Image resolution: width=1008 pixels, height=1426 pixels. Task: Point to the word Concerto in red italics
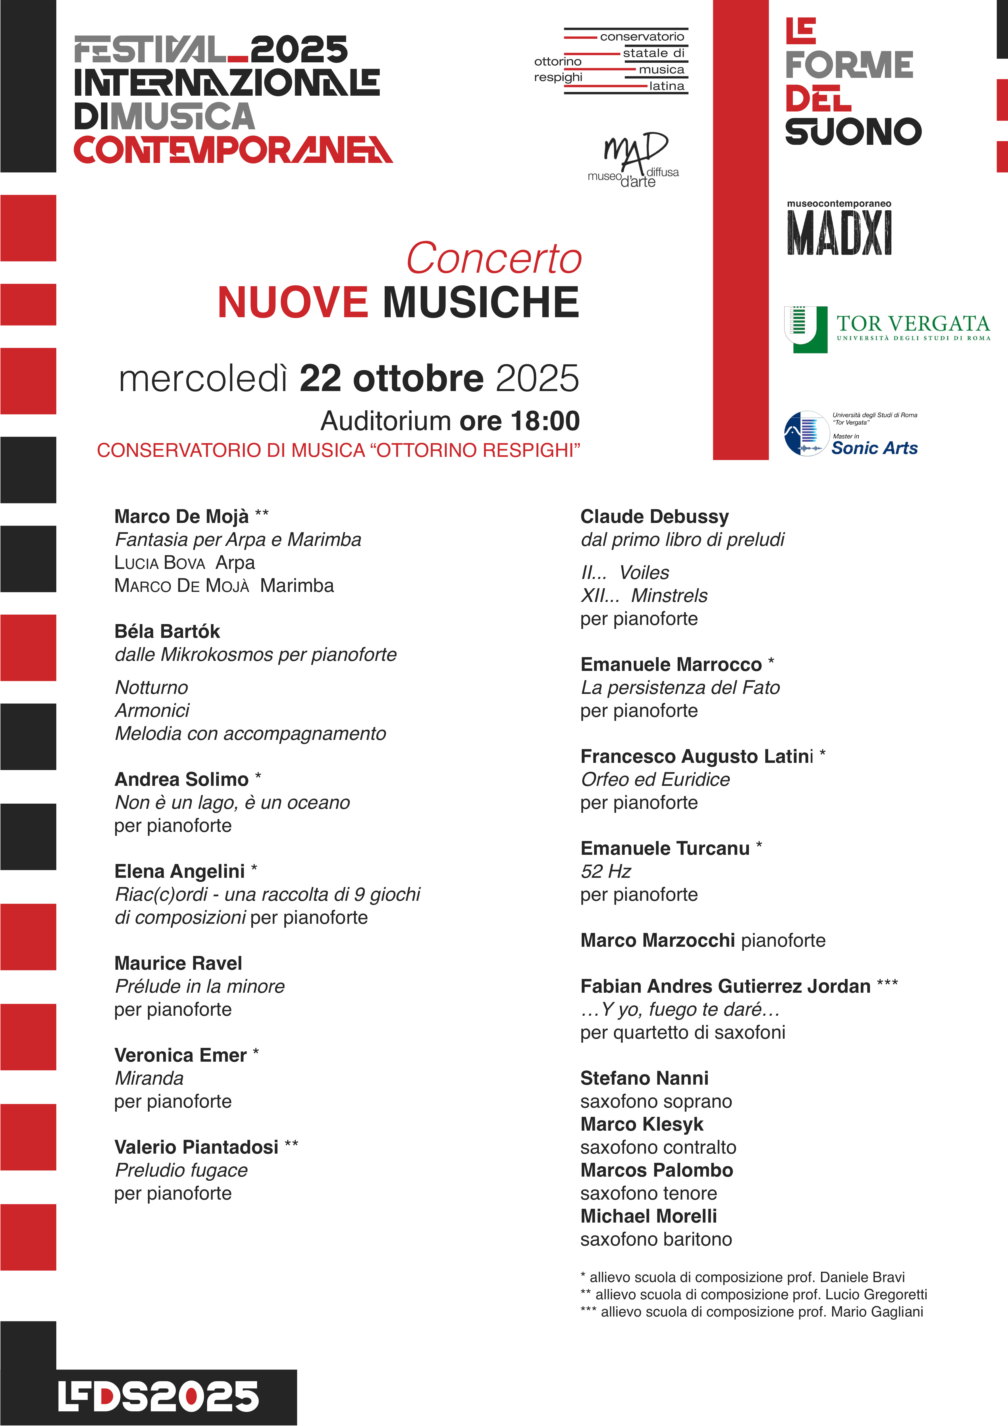click(x=494, y=258)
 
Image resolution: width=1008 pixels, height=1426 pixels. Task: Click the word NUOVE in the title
click(x=292, y=303)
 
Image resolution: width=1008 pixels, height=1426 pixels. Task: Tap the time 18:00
click(x=545, y=421)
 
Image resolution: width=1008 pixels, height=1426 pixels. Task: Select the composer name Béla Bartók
click(x=167, y=632)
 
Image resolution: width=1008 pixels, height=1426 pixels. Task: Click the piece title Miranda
click(x=149, y=1078)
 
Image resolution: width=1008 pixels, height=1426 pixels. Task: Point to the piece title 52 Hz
click(x=606, y=871)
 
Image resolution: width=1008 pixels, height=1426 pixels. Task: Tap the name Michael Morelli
click(x=648, y=1216)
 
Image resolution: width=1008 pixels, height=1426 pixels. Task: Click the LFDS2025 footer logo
click(x=158, y=1397)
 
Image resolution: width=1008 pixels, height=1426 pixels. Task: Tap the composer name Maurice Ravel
click(x=178, y=963)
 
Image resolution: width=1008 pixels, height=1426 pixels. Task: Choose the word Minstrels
click(x=669, y=596)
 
